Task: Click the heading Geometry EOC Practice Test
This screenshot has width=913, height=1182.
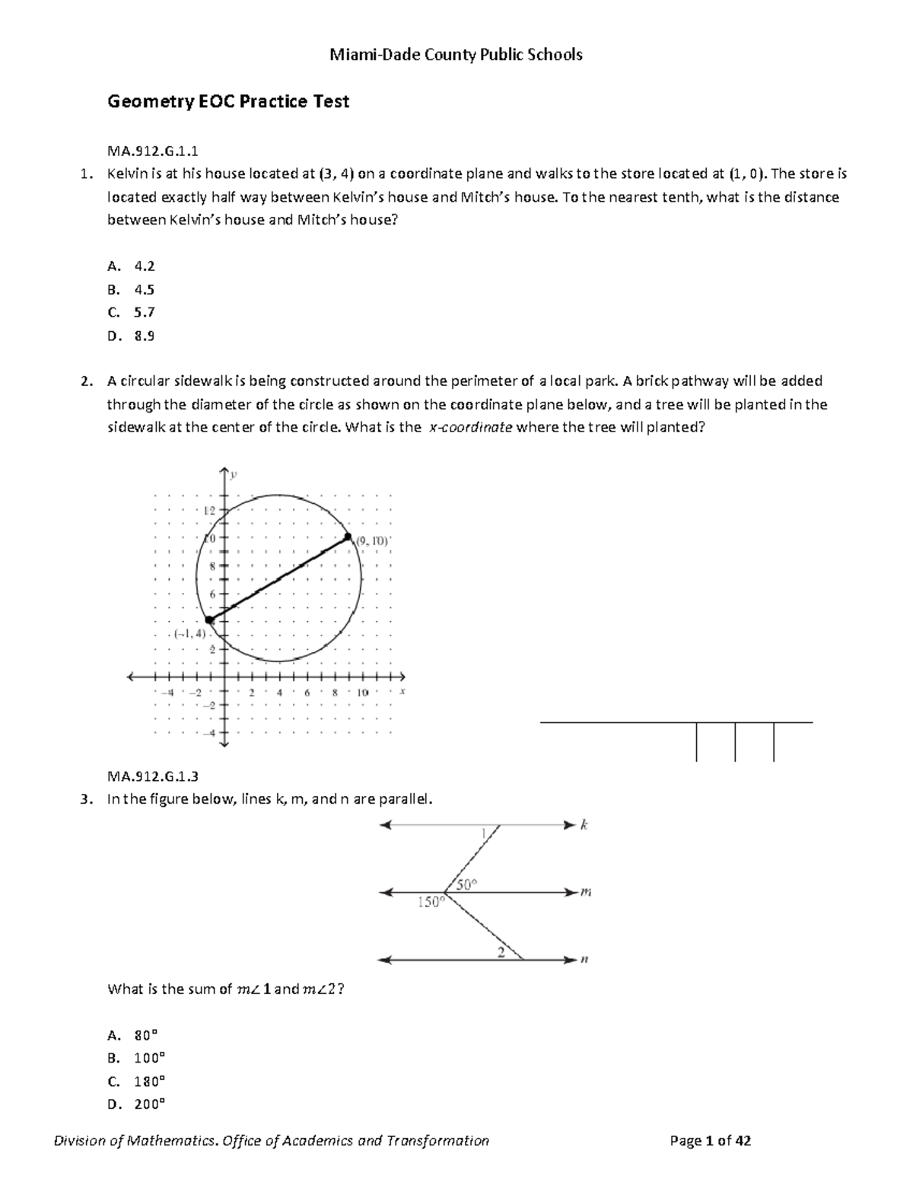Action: (x=228, y=102)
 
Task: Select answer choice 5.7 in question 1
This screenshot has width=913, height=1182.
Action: (x=144, y=312)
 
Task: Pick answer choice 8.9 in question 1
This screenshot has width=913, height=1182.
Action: (x=144, y=336)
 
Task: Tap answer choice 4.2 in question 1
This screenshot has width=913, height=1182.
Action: (x=144, y=266)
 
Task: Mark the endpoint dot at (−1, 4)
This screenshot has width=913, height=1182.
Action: (x=210, y=620)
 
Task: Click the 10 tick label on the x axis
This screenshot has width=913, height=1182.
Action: (x=362, y=693)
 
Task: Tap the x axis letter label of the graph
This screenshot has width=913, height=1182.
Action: (x=402, y=691)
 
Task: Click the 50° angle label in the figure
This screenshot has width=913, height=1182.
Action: (x=466, y=884)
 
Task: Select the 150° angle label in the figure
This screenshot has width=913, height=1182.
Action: (x=429, y=902)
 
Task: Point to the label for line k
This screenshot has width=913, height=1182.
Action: (x=584, y=825)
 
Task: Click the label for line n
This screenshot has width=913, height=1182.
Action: (x=584, y=961)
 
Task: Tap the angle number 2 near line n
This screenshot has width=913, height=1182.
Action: (x=501, y=952)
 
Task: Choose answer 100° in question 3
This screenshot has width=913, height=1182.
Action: (x=149, y=1058)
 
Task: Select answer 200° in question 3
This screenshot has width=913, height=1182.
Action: (x=149, y=1104)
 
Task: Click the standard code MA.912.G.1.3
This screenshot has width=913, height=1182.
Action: (x=153, y=776)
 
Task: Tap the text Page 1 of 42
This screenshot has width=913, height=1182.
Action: (x=710, y=1140)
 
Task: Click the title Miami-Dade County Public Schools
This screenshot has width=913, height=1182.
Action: (x=456, y=55)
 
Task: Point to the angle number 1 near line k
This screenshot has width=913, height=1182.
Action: (x=482, y=834)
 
